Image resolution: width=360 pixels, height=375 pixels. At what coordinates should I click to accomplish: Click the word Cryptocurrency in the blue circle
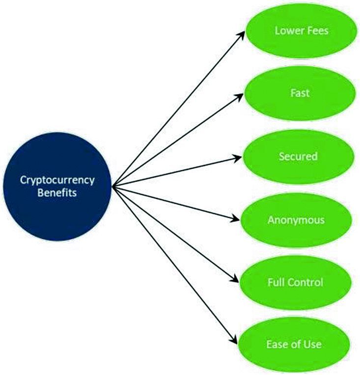point(57,180)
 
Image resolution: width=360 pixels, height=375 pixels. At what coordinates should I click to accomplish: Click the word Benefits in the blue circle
point(57,193)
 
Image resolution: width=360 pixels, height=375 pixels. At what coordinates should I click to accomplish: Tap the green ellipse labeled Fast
point(300,94)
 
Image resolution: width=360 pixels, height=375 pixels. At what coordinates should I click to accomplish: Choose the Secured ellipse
point(298,157)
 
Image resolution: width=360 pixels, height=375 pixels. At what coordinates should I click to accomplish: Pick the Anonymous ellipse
point(296,219)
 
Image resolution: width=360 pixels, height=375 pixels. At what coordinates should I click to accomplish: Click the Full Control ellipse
point(296,282)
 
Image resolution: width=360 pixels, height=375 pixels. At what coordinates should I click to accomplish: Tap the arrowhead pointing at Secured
point(239,158)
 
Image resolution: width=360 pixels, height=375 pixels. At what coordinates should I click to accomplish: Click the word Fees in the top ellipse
point(316,31)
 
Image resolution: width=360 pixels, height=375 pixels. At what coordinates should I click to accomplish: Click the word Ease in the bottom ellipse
point(277,344)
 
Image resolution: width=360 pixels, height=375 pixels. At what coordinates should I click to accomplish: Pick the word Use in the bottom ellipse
point(311,344)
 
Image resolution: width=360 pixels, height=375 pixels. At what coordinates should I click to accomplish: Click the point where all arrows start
point(113,186)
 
